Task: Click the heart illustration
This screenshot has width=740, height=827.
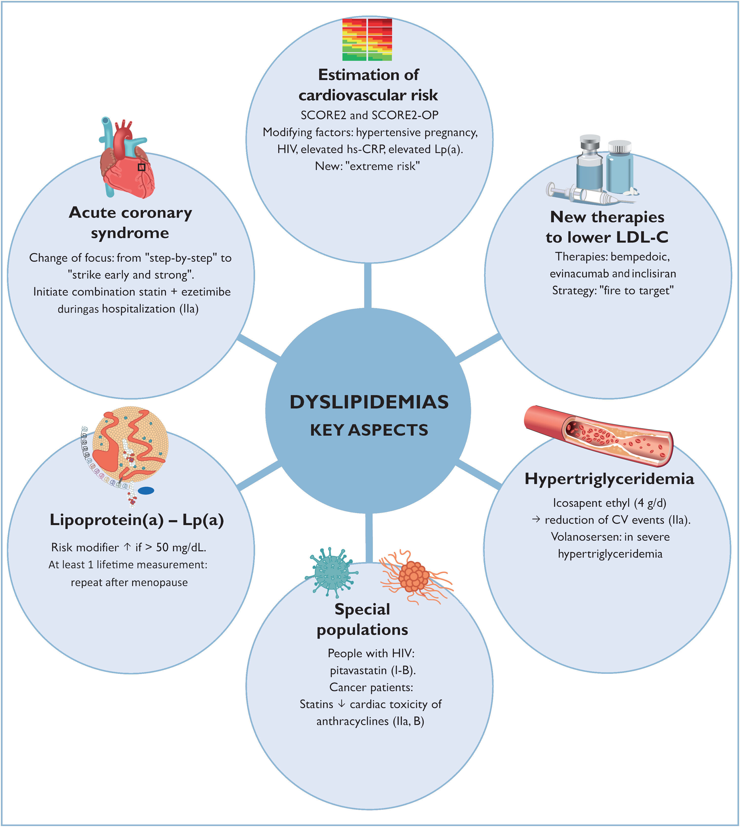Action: pyautogui.click(x=127, y=163)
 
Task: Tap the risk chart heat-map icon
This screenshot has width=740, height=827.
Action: pyautogui.click(x=367, y=40)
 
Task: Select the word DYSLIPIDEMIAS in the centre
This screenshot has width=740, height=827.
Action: pyautogui.click(x=369, y=402)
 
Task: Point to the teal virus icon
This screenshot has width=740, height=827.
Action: pyautogui.click(x=331, y=572)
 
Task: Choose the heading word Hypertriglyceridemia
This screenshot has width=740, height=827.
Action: pyautogui.click(x=609, y=479)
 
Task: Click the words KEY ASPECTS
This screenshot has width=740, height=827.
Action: pyautogui.click(x=369, y=430)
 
